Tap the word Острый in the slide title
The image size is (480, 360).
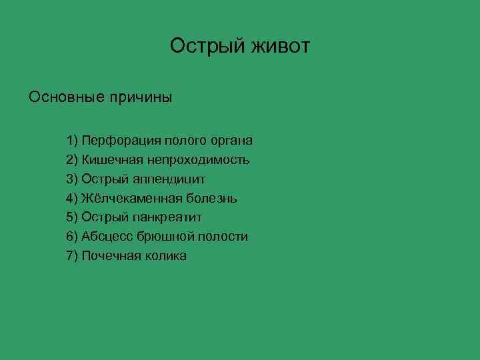[x=207, y=47]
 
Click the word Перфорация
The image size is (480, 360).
[x=122, y=141]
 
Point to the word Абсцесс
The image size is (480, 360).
[x=107, y=237]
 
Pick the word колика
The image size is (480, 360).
[x=165, y=256]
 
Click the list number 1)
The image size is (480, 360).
[x=73, y=141]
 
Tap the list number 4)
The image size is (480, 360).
[x=73, y=198]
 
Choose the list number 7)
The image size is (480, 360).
[x=73, y=256]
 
